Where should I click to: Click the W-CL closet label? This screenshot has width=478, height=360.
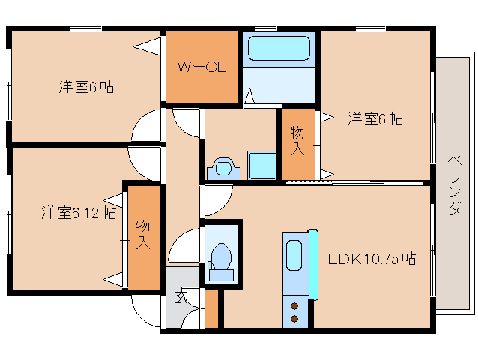[x=201, y=67]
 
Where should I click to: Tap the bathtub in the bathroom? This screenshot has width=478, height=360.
[x=278, y=49]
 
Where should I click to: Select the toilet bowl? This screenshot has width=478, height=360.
[x=221, y=255]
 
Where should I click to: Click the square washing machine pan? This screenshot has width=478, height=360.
[x=262, y=164]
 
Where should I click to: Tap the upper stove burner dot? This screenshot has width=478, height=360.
[x=294, y=306]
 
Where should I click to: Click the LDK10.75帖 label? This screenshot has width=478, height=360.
[x=372, y=259]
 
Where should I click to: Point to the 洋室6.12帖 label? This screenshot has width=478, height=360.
[x=78, y=213]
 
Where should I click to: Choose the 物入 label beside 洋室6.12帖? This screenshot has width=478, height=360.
[x=143, y=234]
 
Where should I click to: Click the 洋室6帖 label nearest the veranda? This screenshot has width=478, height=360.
[x=375, y=118]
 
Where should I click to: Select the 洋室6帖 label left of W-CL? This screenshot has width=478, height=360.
[x=87, y=86]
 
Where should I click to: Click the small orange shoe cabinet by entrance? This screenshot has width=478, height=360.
[x=211, y=307]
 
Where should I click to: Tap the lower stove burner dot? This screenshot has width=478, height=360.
[x=294, y=319]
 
